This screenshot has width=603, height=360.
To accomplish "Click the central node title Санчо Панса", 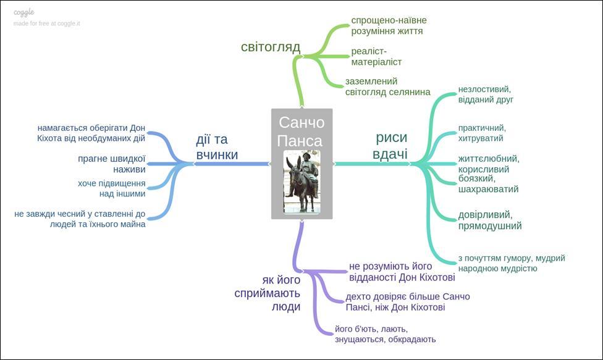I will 301,131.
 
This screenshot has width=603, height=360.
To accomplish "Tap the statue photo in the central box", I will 302,182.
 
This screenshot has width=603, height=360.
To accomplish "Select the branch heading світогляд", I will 271,47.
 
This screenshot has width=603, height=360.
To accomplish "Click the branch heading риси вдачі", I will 391,146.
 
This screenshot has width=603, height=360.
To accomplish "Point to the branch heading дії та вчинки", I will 217,147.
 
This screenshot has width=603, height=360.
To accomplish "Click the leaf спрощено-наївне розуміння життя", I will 389,25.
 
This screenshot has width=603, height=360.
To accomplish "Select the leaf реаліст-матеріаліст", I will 376,56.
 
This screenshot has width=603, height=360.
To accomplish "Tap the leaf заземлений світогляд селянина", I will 387,86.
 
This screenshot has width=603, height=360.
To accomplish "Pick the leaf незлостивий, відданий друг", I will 486,94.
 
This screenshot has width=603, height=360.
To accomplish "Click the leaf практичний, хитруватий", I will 482,132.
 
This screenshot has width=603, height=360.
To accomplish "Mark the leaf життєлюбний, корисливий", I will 488,163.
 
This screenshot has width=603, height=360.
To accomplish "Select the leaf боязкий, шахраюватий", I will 488,183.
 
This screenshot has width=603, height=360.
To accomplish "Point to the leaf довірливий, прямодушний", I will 489,220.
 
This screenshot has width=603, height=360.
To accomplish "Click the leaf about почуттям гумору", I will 511,263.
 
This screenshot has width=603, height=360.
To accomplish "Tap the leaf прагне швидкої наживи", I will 112,164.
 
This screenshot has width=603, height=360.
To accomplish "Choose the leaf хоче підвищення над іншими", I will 112,188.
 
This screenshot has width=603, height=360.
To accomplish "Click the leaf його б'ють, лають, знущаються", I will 385,333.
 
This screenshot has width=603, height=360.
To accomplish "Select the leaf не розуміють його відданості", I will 402,272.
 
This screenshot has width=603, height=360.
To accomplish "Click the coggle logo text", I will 24,12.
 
